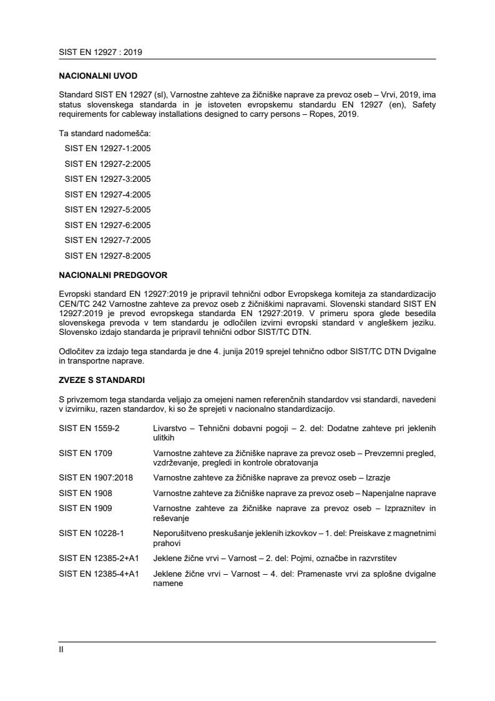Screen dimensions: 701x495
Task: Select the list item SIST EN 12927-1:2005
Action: (x=107, y=149)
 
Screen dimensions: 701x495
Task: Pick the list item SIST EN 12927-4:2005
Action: (x=107, y=194)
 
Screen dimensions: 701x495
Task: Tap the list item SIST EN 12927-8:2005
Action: (x=107, y=256)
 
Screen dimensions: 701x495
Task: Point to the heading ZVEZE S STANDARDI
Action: (x=100, y=379)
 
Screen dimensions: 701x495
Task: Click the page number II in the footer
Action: (x=61, y=649)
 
